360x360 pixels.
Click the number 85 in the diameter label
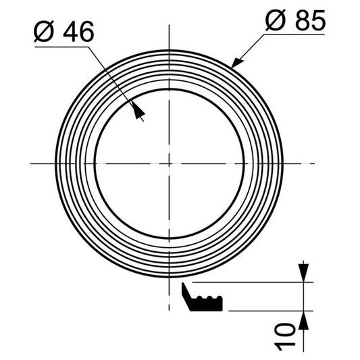pyautogui.click(x=311, y=21)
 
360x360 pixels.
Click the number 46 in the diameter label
pyautogui.click(x=78, y=32)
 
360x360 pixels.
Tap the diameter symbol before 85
pyautogui.click(x=276, y=20)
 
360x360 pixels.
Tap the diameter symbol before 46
pyautogui.click(x=44, y=32)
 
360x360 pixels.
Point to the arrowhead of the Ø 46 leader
pyautogui.click(x=138, y=111)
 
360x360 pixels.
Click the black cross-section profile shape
pyautogui.click(x=202, y=298)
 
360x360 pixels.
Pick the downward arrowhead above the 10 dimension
pyautogui.click(x=303, y=273)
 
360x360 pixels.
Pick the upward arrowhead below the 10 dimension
pyautogui.click(x=303, y=320)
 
